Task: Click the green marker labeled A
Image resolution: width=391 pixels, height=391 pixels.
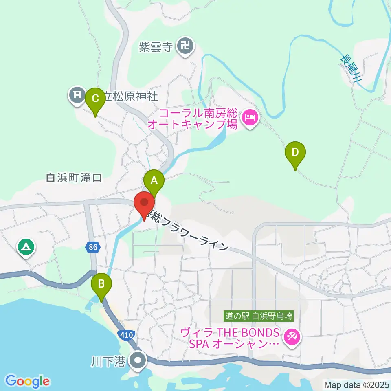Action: pyautogui.click(x=154, y=180)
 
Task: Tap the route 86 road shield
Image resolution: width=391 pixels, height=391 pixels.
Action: pyautogui.click(x=92, y=246)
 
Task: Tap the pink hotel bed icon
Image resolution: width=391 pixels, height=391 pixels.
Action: pyautogui.click(x=249, y=119)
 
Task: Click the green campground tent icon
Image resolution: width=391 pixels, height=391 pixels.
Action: pyautogui.click(x=26, y=247)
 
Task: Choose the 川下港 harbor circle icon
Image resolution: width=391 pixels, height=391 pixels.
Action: pyautogui.click(x=138, y=360)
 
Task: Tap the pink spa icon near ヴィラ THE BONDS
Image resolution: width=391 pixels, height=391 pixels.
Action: pyautogui.click(x=292, y=336)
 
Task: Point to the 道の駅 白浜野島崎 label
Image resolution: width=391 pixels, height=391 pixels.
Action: pyautogui.click(x=259, y=316)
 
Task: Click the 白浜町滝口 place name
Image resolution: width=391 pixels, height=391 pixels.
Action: pyautogui.click(x=74, y=178)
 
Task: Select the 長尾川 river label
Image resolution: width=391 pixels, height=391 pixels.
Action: pyautogui.click(x=351, y=69)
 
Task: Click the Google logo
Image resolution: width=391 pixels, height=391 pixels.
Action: pyautogui.click(x=27, y=381)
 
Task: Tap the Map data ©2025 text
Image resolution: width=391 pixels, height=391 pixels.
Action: pyautogui.click(x=356, y=384)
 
